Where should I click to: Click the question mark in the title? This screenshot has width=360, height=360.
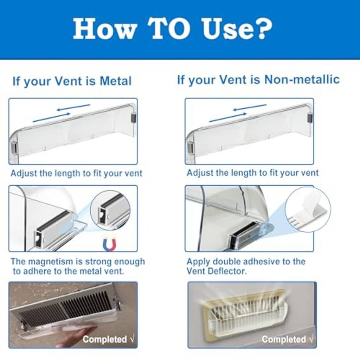[x=262, y=29]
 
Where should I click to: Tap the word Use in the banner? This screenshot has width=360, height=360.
[x=225, y=29]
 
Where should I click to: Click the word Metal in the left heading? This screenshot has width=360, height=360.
[x=115, y=81]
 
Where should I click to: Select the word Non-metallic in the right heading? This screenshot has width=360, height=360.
[x=302, y=80]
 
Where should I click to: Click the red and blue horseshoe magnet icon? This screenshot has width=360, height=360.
[x=109, y=245]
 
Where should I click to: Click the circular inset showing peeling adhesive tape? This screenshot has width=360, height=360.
[x=308, y=209]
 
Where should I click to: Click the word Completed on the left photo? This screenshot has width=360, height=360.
[x=105, y=339]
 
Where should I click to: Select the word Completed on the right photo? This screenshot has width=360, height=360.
[x=284, y=339]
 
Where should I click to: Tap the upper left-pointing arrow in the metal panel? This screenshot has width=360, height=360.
[x=73, y=108]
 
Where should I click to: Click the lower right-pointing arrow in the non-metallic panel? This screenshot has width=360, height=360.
[x=228, y=117]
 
